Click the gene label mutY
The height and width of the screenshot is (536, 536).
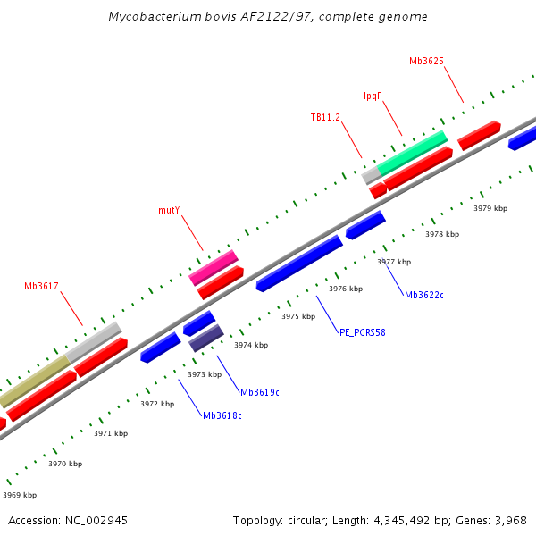click(x=169, y=211)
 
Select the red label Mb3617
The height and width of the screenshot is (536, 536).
click(x=41, y=287)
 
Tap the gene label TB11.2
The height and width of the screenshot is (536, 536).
click(x=325, y=118)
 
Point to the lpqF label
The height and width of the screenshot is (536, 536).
click(x=373, y=96)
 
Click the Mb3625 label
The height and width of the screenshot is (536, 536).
click(x=426, y=62)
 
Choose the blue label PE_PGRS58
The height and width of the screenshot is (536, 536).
click(x=362, y=332)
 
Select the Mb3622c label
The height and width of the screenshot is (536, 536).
click(x=425, y=295)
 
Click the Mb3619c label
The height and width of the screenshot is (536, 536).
click(x=259, y=392)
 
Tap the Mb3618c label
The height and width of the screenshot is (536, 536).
click(x=222, y=415)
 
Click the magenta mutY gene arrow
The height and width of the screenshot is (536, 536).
click(x=214, y=268)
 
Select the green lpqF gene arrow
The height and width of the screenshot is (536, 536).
click(x=412, y=153)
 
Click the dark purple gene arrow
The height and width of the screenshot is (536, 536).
click(x=205, y=338)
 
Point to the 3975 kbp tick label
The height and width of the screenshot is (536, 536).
click(x=298, y=316)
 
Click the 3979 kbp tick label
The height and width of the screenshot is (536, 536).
click(x=490, y=208)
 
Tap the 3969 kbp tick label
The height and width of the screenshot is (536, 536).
click(x=20, y=495)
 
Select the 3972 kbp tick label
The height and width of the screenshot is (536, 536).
click(x=157, y=404)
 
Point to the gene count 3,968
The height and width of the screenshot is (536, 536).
click(x=510, y=521)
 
